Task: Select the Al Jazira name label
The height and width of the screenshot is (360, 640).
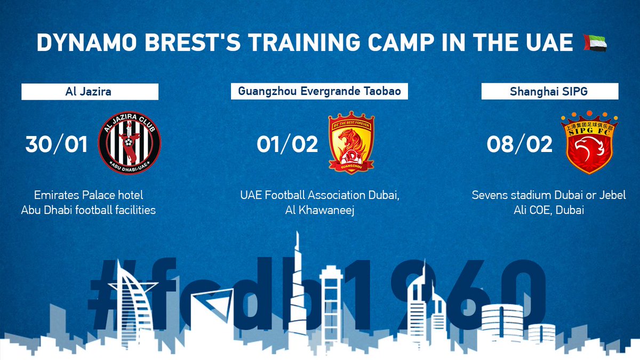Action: click(90, 92)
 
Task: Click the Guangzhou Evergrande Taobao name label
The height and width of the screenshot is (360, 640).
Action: click(319, 91)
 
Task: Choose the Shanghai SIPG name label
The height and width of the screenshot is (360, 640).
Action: click(550, 91)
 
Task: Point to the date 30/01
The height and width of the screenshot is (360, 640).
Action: click(56, 145)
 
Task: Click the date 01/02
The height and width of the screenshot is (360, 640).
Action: click(287, 145)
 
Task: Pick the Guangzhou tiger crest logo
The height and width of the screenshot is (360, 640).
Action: click(351, 143)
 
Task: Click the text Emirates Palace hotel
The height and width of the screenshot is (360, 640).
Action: click(89, 195)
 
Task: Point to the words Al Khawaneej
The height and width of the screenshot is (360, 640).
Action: click(319, 210)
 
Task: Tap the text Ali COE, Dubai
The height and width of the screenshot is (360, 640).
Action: click(550, 210)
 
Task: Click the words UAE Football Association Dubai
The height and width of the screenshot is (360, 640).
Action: click(319, 195)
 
